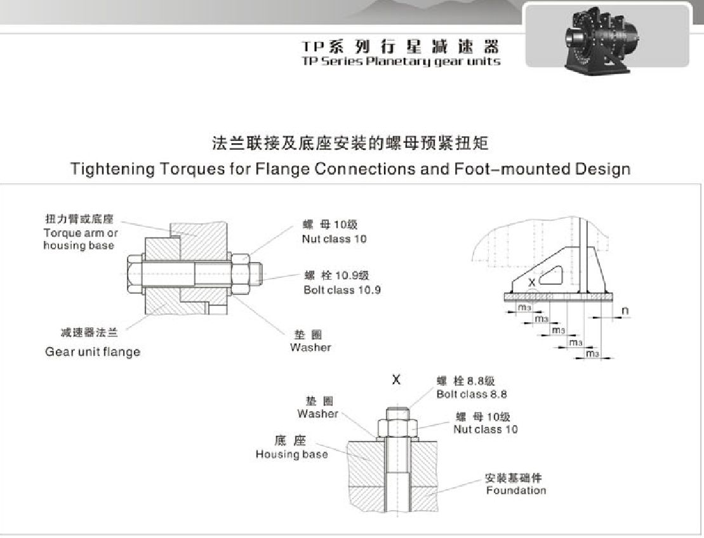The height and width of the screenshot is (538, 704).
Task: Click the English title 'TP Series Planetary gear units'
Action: click(x=401, y=62)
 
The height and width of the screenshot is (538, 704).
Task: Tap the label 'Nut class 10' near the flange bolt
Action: click(x=334, y=239)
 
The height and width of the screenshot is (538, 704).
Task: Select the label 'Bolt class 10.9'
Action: click(x=342, y=290)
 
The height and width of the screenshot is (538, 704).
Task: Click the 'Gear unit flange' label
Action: click(x=93, y=351)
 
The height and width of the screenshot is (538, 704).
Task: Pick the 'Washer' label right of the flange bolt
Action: click(x=310, y=347)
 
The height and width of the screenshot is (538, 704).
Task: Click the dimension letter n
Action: click(x=625, y=311)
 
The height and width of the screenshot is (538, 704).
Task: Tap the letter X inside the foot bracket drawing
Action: click(x=531, y=282)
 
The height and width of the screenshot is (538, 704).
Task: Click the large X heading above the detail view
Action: click(x=396, y=379)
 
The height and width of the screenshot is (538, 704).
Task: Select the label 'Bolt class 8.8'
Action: click(x=471, y=394)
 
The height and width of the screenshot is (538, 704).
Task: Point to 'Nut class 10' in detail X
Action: click(x=485, y=429)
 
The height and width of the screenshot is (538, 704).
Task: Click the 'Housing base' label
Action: click(x=291, y=454)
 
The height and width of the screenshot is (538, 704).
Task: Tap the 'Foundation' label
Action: click(x=515, y=490)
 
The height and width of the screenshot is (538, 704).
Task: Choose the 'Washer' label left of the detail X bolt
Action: click(x=317, y=414)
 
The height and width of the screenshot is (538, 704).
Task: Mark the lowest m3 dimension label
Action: click(x=592, y=353)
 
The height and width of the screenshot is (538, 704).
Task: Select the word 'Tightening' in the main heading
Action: click(x=112, y=169)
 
